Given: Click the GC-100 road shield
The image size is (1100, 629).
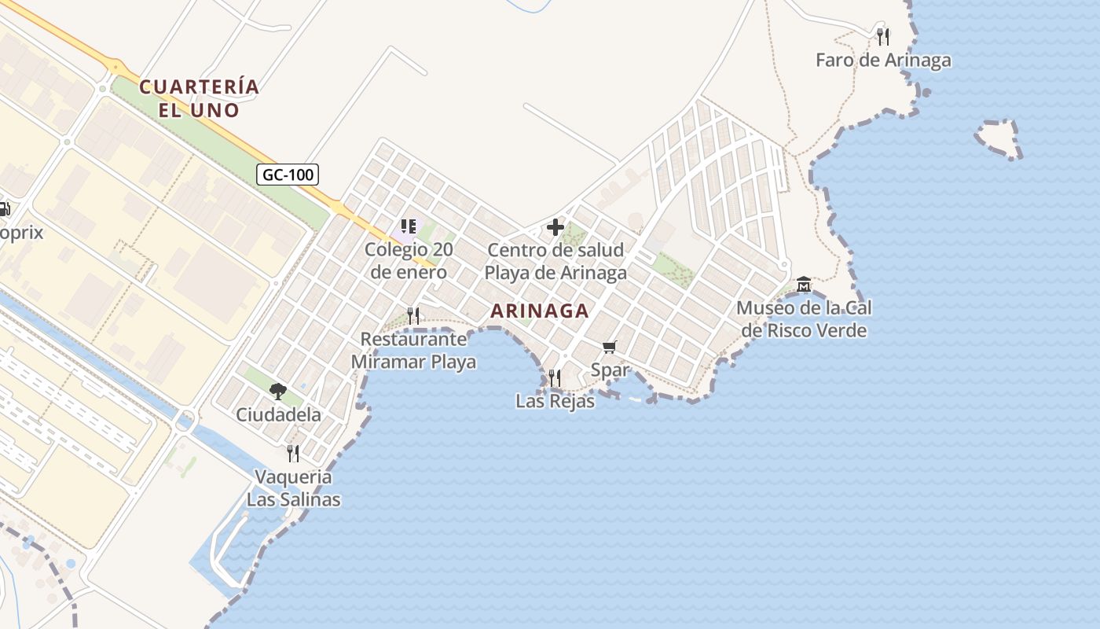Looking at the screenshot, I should (288, 175).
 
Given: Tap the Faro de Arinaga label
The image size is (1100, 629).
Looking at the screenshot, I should (883, 61).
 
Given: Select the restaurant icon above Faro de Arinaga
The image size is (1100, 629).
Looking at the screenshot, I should (883, 36).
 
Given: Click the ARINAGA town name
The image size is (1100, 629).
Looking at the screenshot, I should (540, 311).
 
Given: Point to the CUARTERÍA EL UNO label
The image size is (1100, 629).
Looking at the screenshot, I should (199, 98).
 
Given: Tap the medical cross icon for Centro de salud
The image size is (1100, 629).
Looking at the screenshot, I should (555, 228).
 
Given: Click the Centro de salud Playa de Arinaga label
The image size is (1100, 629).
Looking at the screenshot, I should (555, 262).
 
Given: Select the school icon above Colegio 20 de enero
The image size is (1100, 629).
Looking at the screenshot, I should (408, 227).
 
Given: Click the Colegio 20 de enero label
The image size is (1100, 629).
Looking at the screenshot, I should (409, 262).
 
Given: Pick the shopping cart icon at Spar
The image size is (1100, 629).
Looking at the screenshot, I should (609, 347).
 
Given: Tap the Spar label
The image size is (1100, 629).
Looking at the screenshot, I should (610, 370).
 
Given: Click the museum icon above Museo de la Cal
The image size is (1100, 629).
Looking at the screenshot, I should (803, 283).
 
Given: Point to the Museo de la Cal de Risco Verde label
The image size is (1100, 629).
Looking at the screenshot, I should (805, 319).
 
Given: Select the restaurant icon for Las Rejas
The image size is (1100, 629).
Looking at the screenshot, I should (555, 378).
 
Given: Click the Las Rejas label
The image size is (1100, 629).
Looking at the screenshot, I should (555, 401).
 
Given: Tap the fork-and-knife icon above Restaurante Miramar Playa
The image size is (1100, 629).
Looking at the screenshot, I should (413, 316).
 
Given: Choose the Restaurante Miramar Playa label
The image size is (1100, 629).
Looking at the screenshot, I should (413, 351).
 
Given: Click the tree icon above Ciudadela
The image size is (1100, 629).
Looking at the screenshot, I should (277, 391).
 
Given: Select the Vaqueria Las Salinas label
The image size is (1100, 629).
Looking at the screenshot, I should (294, 488).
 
